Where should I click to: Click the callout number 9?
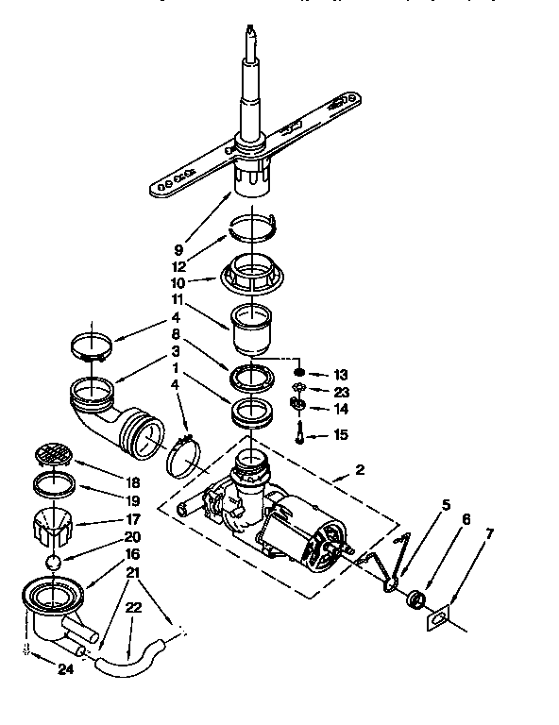(x=178, y=250)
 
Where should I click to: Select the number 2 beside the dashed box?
(x=359, y=469)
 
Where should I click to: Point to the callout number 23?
(x=341, y=390)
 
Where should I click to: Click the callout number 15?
(x=341, y=435)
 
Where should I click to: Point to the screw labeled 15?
(x=299, y=434)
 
